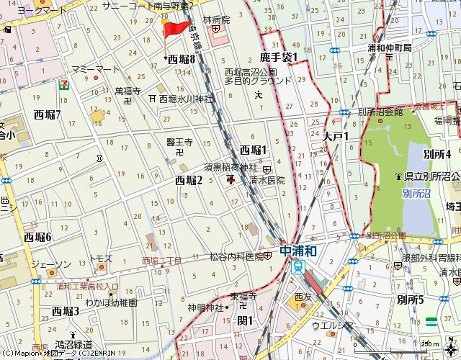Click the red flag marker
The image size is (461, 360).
[x=173, y=30]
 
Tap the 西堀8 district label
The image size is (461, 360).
[x=182, y=60]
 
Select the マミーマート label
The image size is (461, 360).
[x=95, y=68]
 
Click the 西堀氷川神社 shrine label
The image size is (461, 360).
[x=187, y=98]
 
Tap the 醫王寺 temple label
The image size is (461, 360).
[x=179, y=143]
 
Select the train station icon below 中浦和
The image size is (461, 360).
[x=297, y=267]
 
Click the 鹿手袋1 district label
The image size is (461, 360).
[x=279, y=57]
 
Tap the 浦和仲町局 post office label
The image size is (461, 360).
[x=389, y=48]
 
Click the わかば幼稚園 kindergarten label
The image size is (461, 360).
[x=110, y=303]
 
